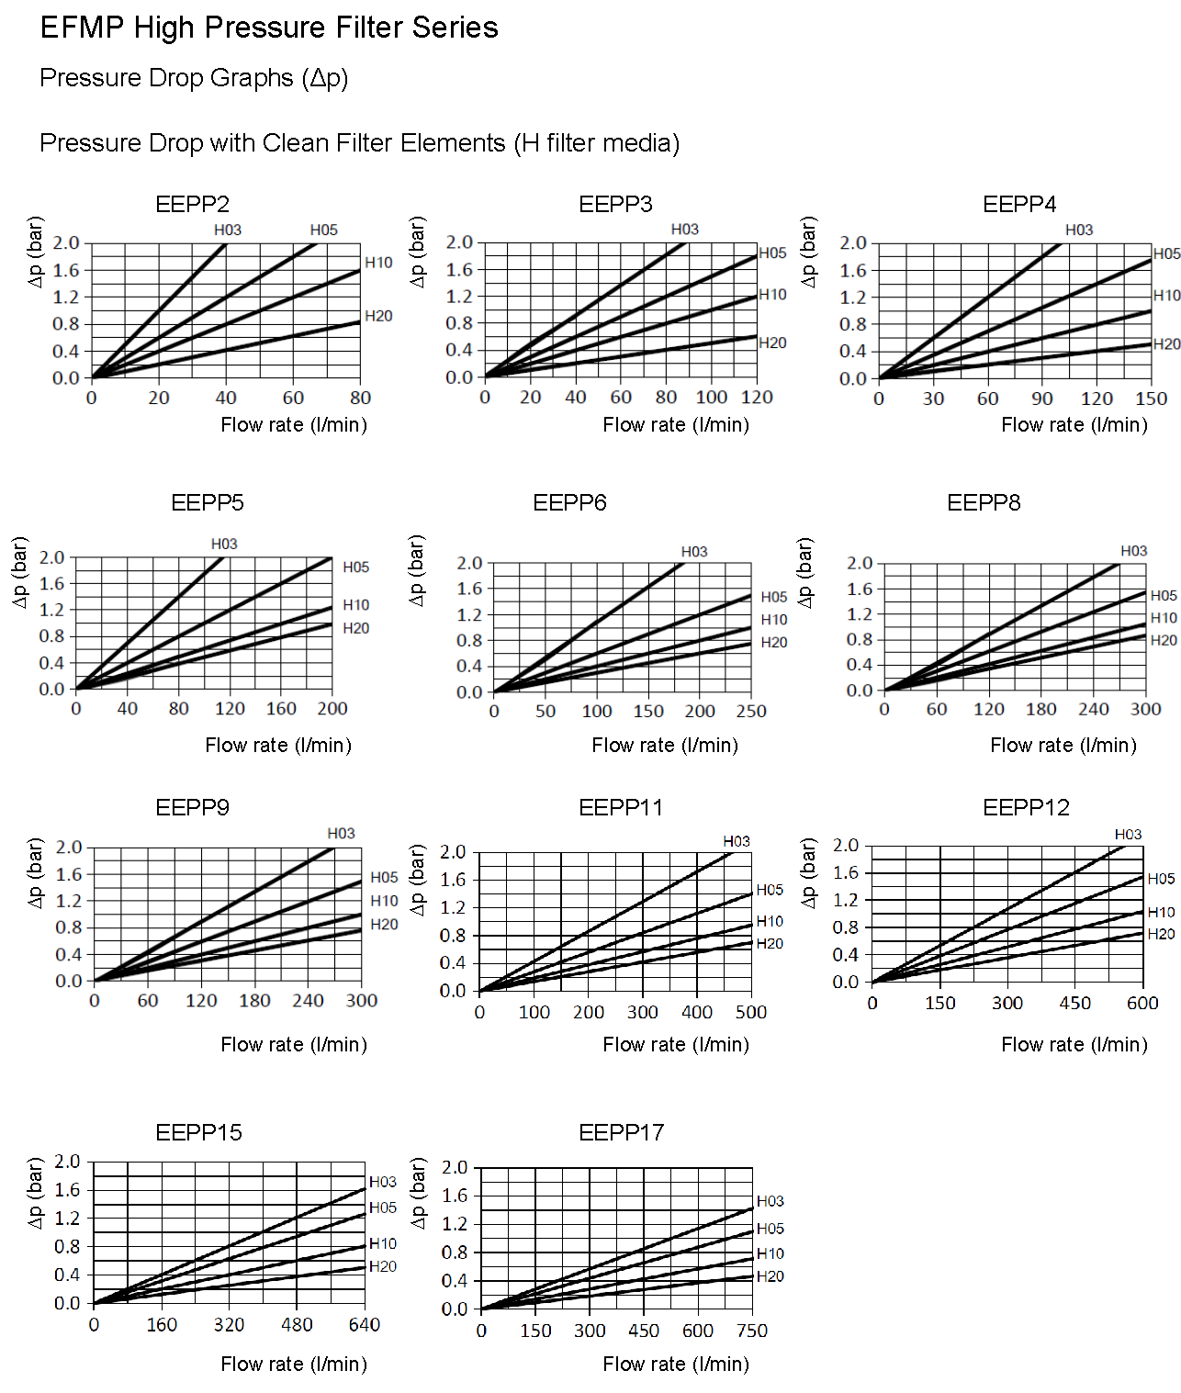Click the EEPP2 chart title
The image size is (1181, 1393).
[x=192, y=204]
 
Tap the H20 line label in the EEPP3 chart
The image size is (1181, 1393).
[x=772, y=343]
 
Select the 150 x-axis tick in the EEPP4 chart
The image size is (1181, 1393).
[x=1151, y=399]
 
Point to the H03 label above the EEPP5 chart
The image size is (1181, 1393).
[x=224, y=544]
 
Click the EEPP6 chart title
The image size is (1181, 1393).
[x=569, y=502]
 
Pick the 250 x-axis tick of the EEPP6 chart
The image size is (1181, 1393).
[x=751, y=711]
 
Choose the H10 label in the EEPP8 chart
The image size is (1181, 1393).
[x=1164, y=618]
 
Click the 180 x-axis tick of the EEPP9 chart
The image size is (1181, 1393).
[x=254, y=1000]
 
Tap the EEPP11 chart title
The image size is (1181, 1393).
[x=621, y=807]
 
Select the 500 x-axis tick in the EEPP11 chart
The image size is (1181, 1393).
[x=751, y=1012]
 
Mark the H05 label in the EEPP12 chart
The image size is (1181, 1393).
[x=1161, y=879]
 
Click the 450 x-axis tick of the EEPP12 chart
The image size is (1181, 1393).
[x=1075, y=1003]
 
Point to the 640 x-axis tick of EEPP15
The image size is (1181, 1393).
[x=365, y=1324]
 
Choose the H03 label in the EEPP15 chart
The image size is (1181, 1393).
[x=383, y=1182]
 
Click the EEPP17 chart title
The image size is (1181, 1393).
[x=621, y=1132]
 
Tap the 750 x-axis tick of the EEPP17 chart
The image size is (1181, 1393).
[x=752, y=1331]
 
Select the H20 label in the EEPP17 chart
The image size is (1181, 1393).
[x=770, y=1276]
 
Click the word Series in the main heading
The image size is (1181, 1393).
[x=455, y=28]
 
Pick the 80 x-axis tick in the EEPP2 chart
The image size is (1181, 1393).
[x=360, y=398]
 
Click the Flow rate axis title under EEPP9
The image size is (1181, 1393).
[x=294, y=1044]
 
